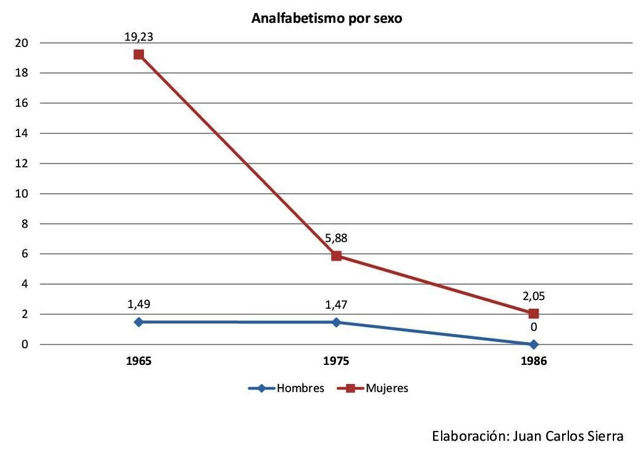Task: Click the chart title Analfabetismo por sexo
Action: click(327, 19)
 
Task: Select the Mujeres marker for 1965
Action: click(138, 54)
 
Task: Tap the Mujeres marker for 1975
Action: click(336, 256)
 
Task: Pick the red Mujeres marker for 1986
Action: click(534, 314)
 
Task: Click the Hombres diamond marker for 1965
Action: click(138, 322)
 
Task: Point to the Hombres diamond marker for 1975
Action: click(336, 322)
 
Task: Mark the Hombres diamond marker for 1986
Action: click(534, 344)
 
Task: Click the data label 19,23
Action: click(138, 37)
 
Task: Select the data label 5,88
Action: click(336, 238)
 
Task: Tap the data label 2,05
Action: click(534, 296)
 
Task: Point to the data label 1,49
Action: click(138, 304)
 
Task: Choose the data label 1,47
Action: click(336, 304)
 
